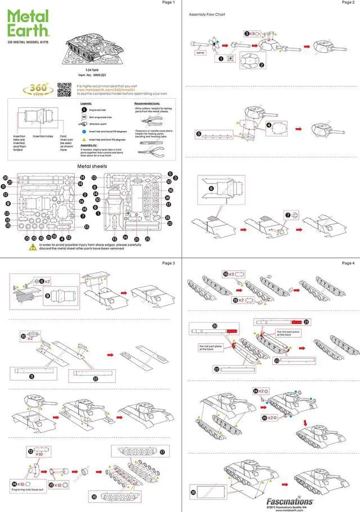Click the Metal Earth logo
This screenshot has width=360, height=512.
pos(28,25)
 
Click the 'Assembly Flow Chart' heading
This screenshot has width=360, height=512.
pos(207,14)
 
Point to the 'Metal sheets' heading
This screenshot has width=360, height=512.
pos(90,167)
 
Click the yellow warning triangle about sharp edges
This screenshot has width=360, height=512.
pos(26,246)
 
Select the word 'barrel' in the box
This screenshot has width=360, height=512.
pos(200,52)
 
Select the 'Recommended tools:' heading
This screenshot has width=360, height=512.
pos(147,104)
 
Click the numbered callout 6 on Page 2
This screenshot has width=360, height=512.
pos(211,189)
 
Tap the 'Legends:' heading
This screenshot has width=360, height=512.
pos(86,104)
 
